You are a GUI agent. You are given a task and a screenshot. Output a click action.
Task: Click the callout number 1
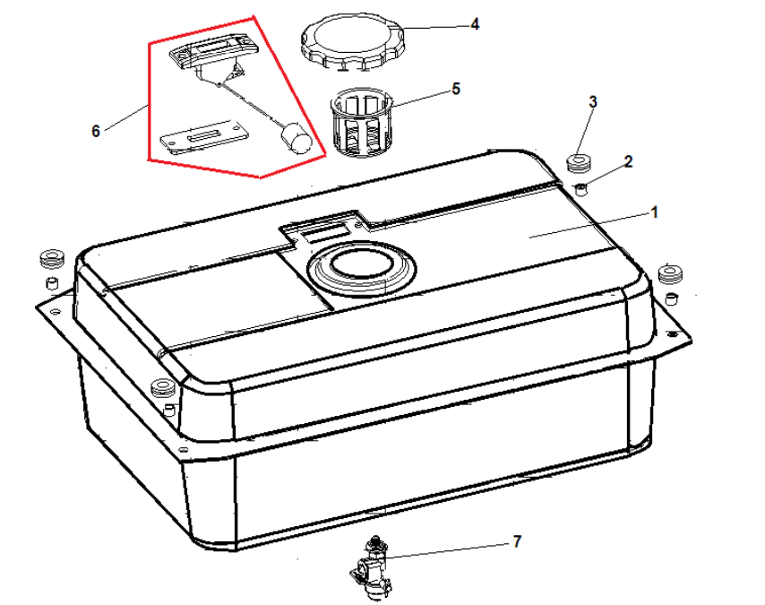(x=655, y=212)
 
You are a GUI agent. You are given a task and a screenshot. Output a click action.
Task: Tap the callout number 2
(x=628, y=161)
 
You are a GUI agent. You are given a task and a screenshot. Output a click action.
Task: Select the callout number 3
(x=593, y=102)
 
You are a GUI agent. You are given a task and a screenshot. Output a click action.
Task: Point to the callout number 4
(x=475, y=24)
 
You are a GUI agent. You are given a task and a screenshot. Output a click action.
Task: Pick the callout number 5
(x=456, y=89)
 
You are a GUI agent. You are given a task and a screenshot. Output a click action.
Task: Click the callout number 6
(x=96, y=131)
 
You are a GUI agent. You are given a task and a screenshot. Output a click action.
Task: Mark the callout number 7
(x=517, y=541)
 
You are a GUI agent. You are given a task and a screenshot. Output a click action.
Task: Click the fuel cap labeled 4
(x=352, y=42)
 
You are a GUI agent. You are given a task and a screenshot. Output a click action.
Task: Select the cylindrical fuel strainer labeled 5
(x=361, y=123)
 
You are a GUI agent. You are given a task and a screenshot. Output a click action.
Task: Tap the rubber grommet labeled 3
(x=579, y=163)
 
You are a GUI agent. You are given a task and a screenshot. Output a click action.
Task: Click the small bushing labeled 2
(x=580, y=188)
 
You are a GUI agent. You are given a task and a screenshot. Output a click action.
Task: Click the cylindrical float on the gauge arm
(x=297, y=138)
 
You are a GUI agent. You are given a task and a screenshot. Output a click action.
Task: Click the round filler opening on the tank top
(x=361, y=265)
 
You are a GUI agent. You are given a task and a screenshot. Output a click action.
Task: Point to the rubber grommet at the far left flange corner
(x=52, y=258)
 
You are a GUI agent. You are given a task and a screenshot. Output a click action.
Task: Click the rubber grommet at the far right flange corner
(x=670, y=273)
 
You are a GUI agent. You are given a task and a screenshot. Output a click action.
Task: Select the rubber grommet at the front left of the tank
(x=162, y=388)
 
